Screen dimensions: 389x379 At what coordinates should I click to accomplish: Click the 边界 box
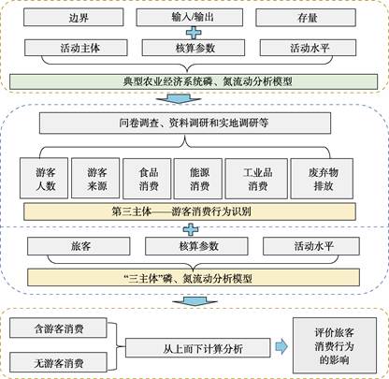click(x=74, y=17)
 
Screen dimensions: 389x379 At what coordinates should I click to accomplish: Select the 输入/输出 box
click(x=190, y=17)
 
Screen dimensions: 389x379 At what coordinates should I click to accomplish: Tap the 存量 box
click(x=306, y=18)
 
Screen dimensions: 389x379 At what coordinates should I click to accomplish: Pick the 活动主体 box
click(x=76, y=48)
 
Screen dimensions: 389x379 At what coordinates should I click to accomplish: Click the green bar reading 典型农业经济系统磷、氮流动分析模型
click(x=194, y=81)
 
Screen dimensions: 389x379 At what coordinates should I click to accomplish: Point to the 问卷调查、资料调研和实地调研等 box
click(x=185, y=123)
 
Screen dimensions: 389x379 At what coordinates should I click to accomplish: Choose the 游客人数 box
click(x=44, y=179)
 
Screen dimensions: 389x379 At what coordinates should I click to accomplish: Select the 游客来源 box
click(x=95, y=178)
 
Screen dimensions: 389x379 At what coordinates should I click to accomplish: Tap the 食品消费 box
click(x=147, y=179)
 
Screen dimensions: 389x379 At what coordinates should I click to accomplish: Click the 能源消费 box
click(x=198, y=179)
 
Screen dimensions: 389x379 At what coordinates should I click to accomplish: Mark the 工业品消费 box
click(x=256, y=179)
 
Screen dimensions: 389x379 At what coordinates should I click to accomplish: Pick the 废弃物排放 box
click(x=322, y=179)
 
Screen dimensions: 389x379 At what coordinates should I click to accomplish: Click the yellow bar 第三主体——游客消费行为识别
click(x=190, y=211)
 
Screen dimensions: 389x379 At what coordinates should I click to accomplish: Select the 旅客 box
click(x=79, y=246)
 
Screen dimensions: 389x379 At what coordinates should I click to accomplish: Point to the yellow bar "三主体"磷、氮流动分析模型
click(x=194, y=278)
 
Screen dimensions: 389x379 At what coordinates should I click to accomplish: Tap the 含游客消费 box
click(x=58, y=328)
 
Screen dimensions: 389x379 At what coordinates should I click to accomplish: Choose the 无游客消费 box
click(x=58, y=362)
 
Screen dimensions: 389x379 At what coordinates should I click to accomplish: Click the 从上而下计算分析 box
click(x=198, y=348)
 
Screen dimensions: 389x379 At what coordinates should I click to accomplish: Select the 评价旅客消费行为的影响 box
click(x=335, y=345)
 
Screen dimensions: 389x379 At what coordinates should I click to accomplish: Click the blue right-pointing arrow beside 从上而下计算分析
click(x=281, y=346)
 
